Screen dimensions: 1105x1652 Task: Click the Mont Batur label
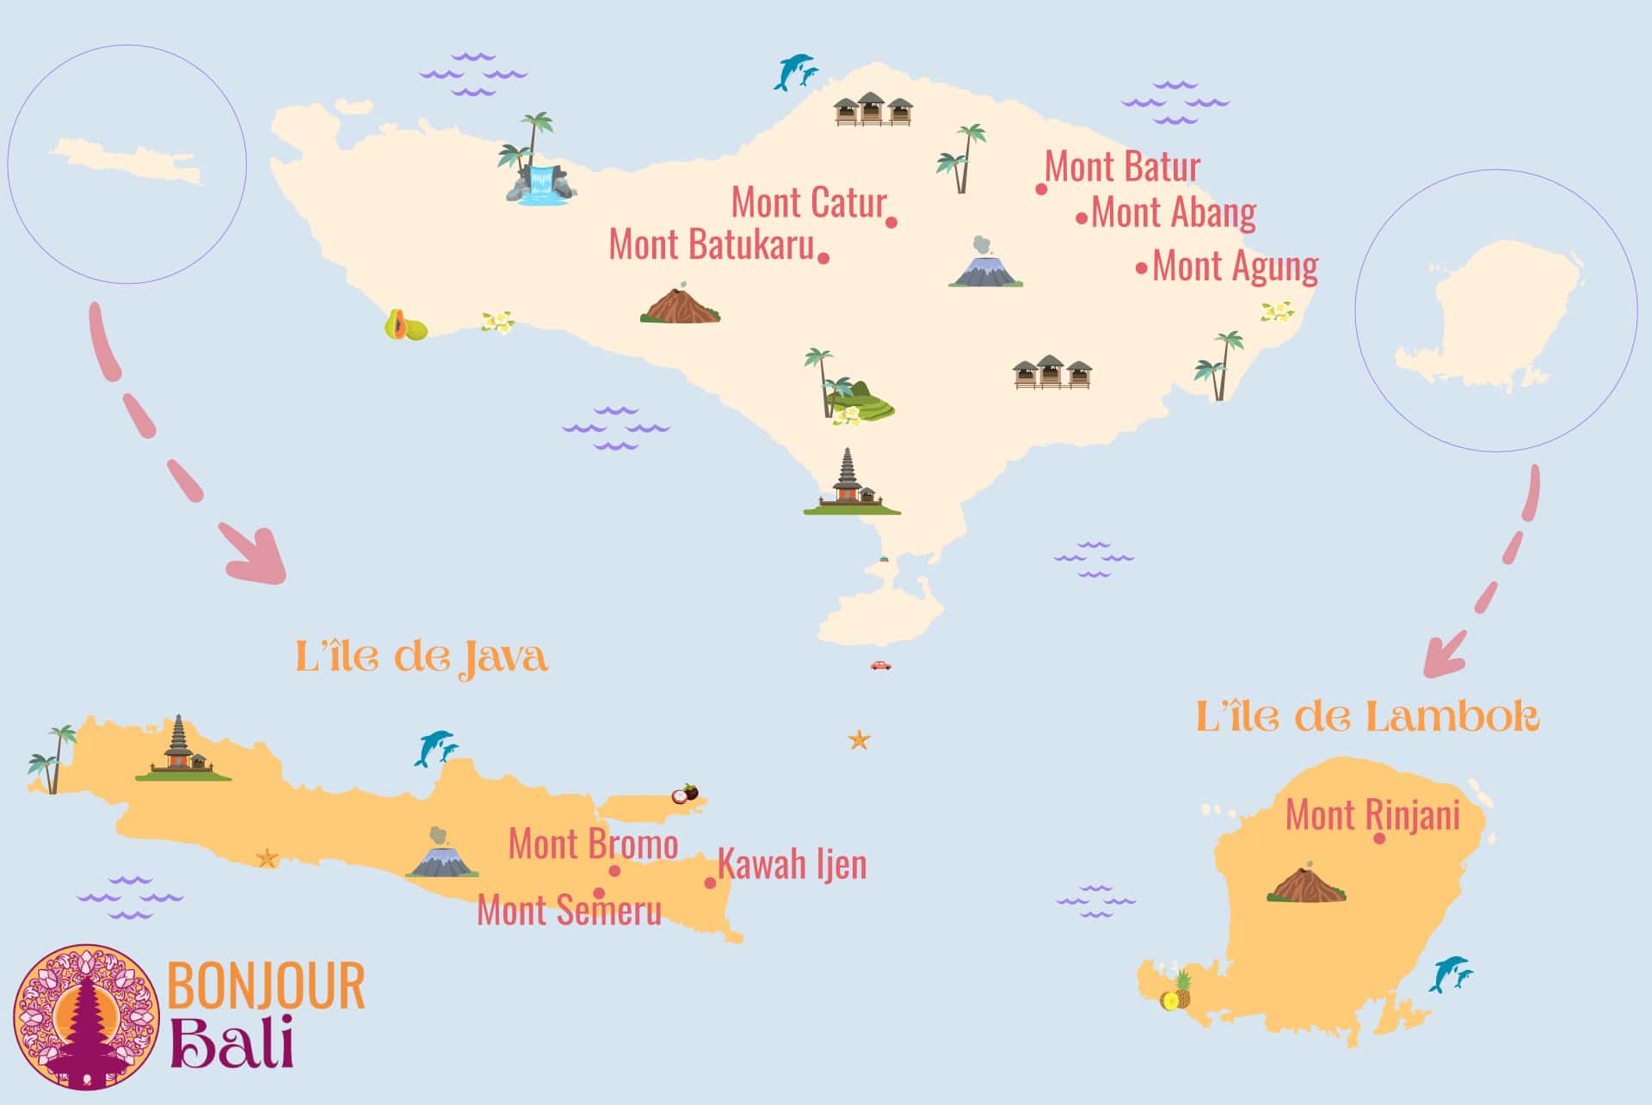click(1122, 167)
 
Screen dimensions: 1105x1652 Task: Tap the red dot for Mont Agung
click(1141, 268)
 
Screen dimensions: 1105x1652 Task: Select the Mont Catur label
click(808, 203)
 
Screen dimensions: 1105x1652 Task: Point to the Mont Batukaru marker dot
click(823, 258)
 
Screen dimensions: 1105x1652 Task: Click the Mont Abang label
click(1174, 212)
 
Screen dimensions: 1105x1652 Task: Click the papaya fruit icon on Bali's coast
click(404, 326)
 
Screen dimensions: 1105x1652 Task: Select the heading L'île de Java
click(421, 658)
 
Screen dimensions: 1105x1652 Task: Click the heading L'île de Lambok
click(1366, 717)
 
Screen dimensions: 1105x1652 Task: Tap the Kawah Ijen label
click(792, 864)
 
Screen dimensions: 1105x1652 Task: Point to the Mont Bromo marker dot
click(614, 871)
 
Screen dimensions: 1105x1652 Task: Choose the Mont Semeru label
click(570, 911)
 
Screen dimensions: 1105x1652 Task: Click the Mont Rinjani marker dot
click(1379, 838)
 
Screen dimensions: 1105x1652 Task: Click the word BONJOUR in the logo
click(266, 986)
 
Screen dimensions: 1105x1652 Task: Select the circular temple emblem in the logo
click(86, 1017)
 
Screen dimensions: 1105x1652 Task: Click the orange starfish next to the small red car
click(859, 740)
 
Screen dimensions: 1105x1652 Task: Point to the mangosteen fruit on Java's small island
click(685, 794)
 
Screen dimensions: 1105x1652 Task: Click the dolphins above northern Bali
click(795, 72)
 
